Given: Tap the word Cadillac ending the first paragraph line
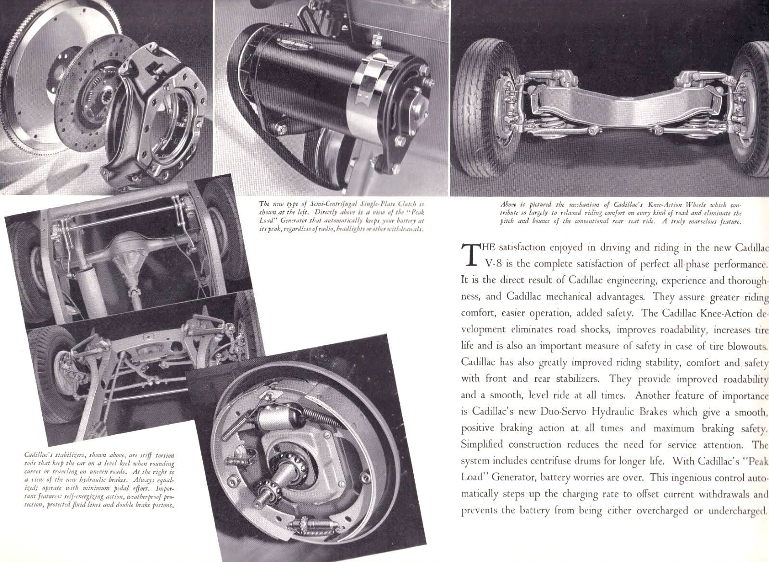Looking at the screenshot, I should pos(752,248).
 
